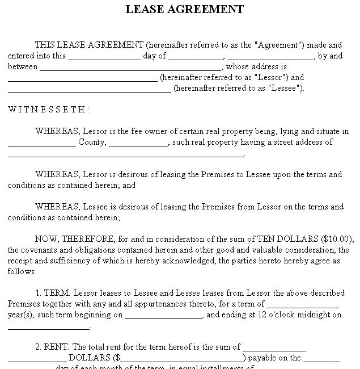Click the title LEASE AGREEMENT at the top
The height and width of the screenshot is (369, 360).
[x=184, y=9]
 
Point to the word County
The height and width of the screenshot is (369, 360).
[x=92, y=142]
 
